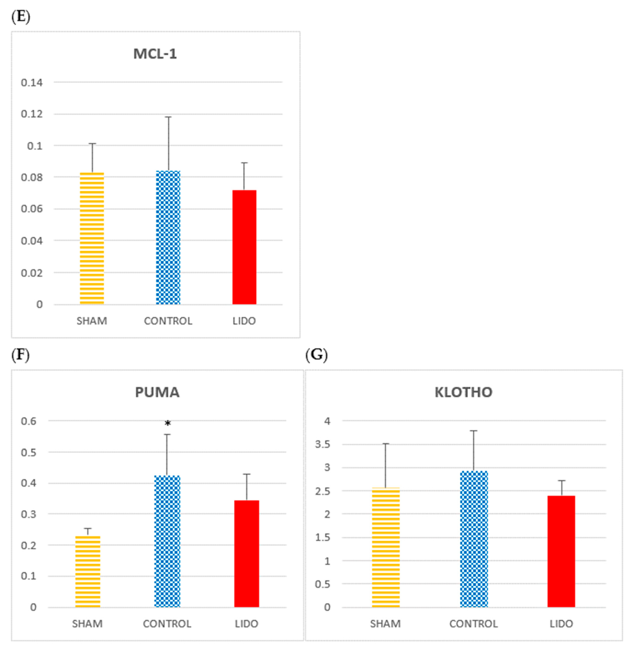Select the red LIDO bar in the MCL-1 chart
pyautogui.click(x=244, y=247)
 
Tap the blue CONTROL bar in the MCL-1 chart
pyautogui.click(x=168, y=237)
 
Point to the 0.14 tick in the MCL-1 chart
pyautogui.click(x=32, y=83)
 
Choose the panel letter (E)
pyautogui.click(x=21, y=17)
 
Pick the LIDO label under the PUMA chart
pyautogui.click(x=246, y=624)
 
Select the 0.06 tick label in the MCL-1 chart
pyautogui.click(x=32, y=209)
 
